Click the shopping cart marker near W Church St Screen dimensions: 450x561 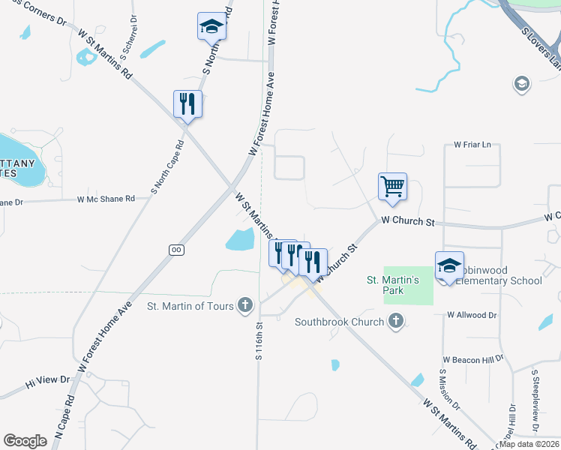393,186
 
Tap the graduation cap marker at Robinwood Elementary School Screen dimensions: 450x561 449,266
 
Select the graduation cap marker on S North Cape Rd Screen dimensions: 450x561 211,27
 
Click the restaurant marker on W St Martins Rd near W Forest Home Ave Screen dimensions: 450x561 187,104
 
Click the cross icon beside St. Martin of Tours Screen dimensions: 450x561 244,304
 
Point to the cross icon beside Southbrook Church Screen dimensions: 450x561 397,322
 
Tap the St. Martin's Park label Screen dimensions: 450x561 395,285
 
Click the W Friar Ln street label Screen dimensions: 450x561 472,144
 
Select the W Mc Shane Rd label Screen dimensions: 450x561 105,199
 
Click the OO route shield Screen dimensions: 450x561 177,249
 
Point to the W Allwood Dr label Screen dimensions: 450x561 472,315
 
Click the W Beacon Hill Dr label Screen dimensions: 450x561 472,361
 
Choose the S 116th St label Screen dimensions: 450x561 259,341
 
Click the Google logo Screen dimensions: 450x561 25,441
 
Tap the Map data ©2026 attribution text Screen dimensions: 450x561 529,444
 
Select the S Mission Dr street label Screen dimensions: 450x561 448,390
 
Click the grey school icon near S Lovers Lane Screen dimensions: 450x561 521,83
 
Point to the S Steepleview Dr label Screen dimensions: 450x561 535,400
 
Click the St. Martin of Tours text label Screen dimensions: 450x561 190,306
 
